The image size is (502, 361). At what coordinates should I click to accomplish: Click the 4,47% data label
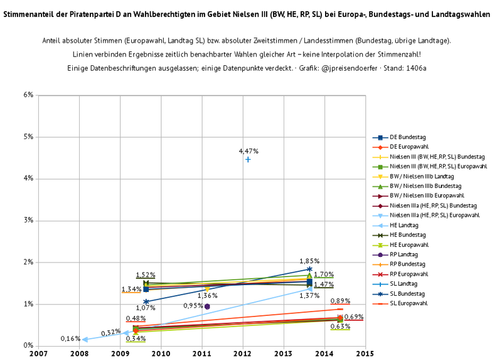pos(248,151)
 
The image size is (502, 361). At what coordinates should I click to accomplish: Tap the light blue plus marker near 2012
pos(248,160)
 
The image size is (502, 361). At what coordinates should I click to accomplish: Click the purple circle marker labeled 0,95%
pos(207,306)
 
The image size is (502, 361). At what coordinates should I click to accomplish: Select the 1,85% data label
pos(309,261)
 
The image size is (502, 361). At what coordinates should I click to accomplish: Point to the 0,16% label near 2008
pos(70,338)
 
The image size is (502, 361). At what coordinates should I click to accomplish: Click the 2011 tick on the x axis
pos(202,353)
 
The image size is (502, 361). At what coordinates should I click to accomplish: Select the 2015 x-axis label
pos(365,353)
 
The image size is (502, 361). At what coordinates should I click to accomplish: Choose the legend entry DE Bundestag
pos(407,137)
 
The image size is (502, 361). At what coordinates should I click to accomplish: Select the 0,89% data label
pos(340,301)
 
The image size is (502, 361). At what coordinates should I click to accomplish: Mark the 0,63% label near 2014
pos(339,327)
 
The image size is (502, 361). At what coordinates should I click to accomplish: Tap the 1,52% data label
pos(146,275)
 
